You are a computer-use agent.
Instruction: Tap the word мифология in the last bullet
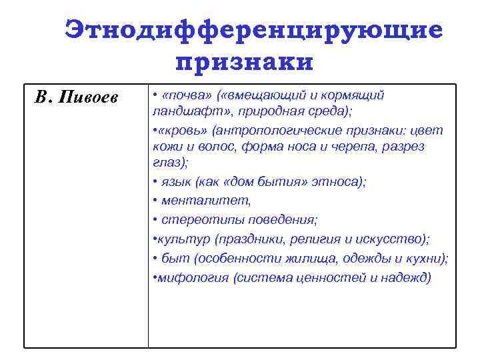[x=193, y=277]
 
